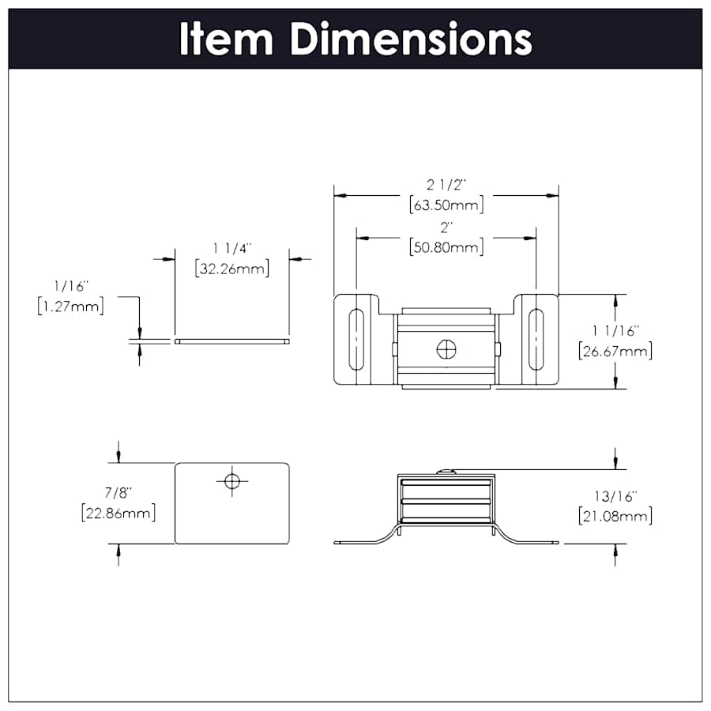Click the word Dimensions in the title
click(411, 39)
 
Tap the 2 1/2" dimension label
click(446, 185)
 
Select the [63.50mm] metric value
click(446, 205)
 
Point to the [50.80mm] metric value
click(446, 247)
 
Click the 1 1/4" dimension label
click(231, 248)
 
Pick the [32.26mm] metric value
click(231, 269)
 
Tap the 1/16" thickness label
click(71, 285)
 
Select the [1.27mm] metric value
click(71, 306)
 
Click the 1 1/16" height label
click(615, 330)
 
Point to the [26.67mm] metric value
click(615, 351)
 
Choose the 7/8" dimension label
click(117, 492)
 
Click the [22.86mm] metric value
click(117, 513)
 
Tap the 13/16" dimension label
click(615, 496)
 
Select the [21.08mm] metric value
click(615, 517)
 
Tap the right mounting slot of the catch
click(536, 340)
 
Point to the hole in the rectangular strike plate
click(231, 480)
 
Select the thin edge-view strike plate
click(231, 341)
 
